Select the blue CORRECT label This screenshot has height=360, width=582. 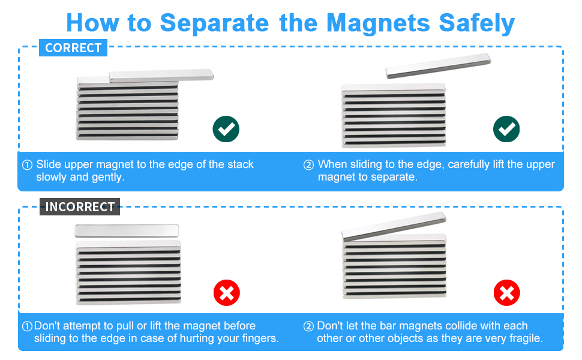tap(73, 48)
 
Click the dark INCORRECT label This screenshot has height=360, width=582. tap(80, 207)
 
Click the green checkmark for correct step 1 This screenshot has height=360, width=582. tap(226, 129)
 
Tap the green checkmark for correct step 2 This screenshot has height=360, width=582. tap(506, 129)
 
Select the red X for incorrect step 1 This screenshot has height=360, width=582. tap(226, 293)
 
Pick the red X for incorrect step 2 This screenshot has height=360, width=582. tap(506, 293)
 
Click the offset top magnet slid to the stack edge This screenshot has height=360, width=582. tap(161, 75)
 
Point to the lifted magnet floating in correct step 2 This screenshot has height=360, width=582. tap(438, 65)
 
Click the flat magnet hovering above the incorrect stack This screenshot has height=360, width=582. tap(127, 230)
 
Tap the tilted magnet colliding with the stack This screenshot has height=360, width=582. tap(393, 227)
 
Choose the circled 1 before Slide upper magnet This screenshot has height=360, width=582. tap(28, 164)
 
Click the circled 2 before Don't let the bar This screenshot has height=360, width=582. tap(308, 326)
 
